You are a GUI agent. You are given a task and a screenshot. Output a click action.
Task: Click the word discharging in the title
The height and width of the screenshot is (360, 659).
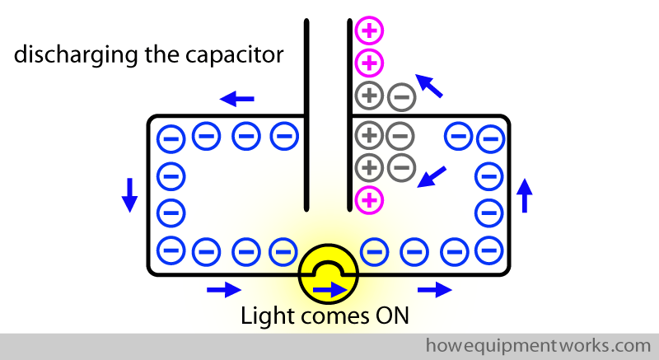pyautogui.click(x=68, y=57)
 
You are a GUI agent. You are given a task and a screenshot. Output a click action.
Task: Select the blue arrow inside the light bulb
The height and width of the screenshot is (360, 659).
pyautogui.click(x=329, y=289)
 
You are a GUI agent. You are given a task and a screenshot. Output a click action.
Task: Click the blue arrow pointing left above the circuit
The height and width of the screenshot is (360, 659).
pyautogui.click(x=237, y=100)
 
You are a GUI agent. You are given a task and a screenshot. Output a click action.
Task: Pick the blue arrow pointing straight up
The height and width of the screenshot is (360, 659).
pyautogui.click(x=524, y=196)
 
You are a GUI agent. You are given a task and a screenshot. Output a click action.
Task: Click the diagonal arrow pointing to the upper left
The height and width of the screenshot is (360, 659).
pyautogui.click(x=428, y=85)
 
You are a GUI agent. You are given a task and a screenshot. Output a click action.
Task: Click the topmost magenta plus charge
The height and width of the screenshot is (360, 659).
pyautogui.click(x=369, y=32)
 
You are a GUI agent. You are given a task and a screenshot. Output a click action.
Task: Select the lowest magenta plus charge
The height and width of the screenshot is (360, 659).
pyautogui.click(x=369, y=199)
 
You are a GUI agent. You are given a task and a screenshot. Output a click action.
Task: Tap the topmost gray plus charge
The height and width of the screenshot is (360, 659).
pyautogui.click(x=369, y=96)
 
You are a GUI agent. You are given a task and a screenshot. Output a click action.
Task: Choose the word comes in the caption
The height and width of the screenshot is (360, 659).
pyautogui.click(x=333, y=316)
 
